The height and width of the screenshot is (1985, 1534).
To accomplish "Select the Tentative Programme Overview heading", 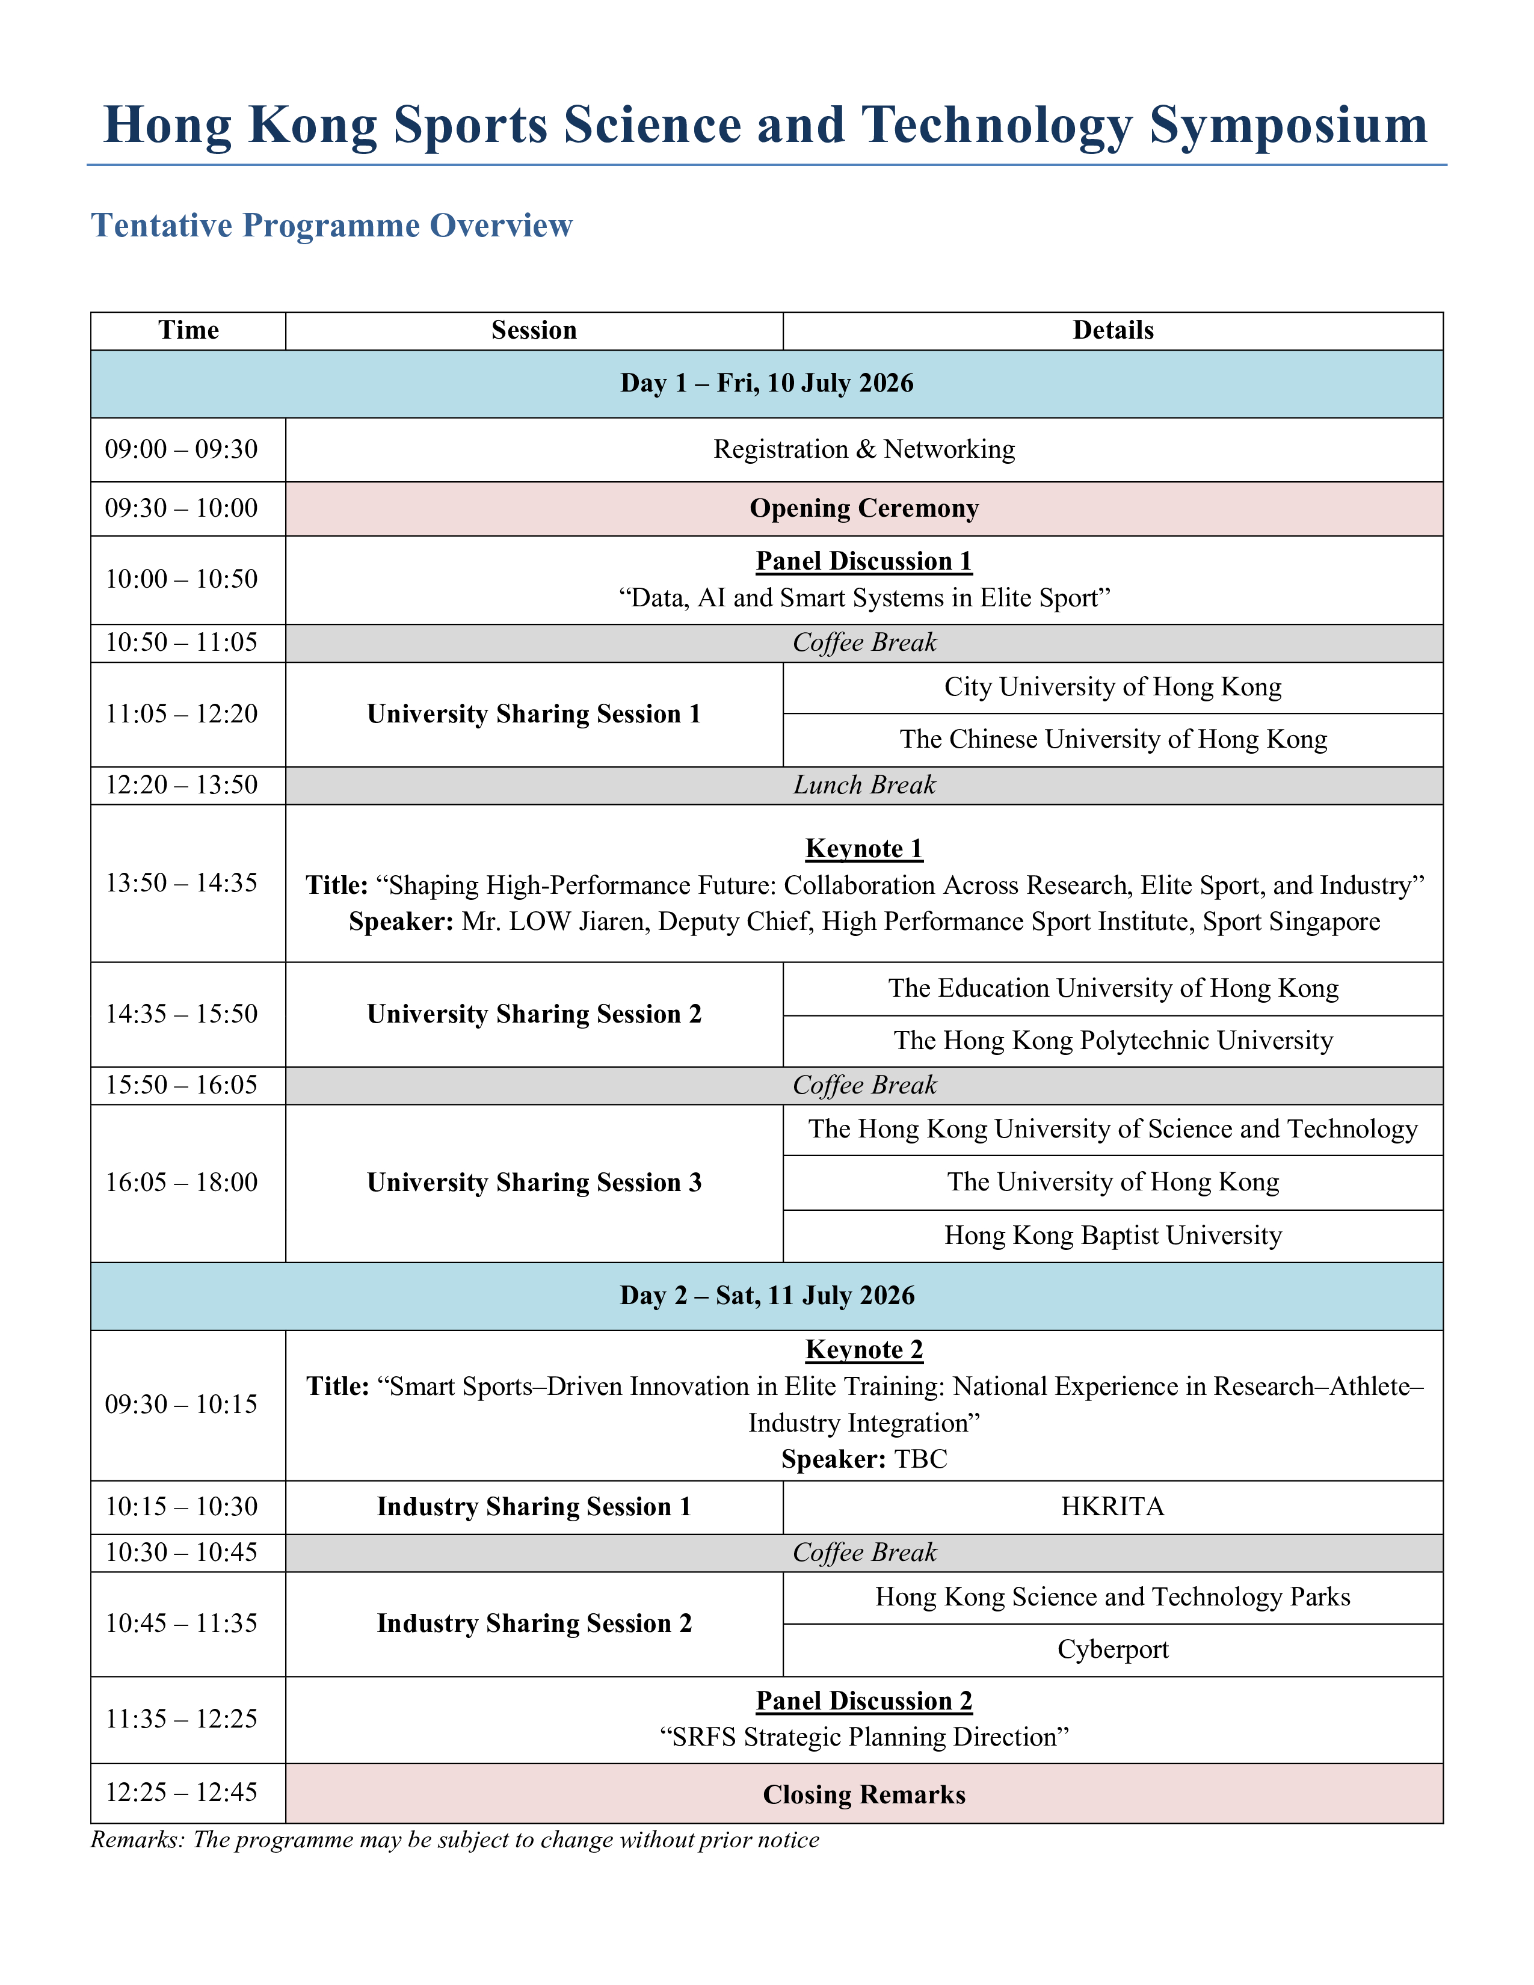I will click(331, 226).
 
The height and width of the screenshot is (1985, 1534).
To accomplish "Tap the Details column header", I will click(1112, 330).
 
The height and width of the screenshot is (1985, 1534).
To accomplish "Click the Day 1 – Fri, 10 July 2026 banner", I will click(766, 383).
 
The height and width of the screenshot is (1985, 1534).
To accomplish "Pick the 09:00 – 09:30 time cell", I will click(181, 449).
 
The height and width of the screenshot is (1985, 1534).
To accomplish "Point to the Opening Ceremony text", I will click(863, 508).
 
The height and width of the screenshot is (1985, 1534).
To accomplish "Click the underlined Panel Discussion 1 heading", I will click(863, 561).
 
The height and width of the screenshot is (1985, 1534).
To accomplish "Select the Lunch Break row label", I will click(863, 784).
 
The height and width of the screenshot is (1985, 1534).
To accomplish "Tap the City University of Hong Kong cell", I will click(1112, 687).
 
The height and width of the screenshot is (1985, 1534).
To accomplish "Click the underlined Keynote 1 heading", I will click(863, 848).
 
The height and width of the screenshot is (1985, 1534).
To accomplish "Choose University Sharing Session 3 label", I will click(534, 1183).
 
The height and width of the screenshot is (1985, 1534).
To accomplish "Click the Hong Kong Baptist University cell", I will click(1112, 1235).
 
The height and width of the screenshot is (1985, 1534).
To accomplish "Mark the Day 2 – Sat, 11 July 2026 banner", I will click(766, 1295).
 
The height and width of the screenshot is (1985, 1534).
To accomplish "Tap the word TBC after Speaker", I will click(920, 1459).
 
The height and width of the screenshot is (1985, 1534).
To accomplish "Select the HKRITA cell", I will click(1112, 1507).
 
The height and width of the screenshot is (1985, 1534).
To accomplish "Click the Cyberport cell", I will click(1112, 1649).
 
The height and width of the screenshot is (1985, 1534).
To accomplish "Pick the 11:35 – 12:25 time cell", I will click(181, 1719).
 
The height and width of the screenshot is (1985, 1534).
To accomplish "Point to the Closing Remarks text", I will click(863, 1795).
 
